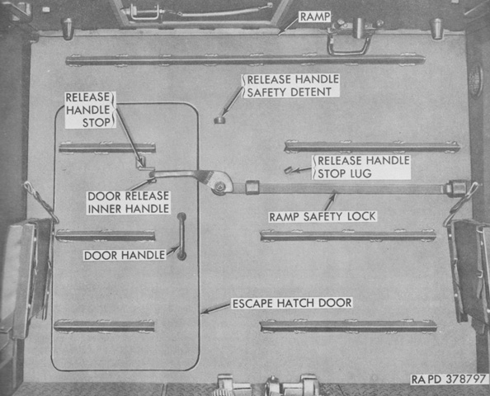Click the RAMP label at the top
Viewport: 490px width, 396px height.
click(x=315, y=16)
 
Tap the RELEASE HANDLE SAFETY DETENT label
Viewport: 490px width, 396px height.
click(x=293, y=86)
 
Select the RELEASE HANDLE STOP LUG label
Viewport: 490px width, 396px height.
click(x=363, y=167)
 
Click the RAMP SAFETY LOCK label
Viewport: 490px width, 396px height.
click(x=323, y=217)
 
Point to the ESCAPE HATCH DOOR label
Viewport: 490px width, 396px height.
click(x=292, y=303)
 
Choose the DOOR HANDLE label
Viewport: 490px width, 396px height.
click(x=125, y=256)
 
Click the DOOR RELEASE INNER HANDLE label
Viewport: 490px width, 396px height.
click(x=129, y=202)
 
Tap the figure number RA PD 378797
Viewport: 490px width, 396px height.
click(x=449, y=379)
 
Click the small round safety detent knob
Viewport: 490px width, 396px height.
click(x=219, y=120)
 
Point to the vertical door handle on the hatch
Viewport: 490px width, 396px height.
click(x=181, y=237)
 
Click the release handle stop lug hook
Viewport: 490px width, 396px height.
click(x=288, y=170)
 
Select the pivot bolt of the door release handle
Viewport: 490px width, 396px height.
click(x=220, y=186)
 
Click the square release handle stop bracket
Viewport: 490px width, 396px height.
click(x=140, y=163)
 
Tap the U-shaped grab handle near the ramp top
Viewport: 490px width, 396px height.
click(x=349, y=47)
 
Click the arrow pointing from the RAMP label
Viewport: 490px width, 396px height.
click(x=289, y=26)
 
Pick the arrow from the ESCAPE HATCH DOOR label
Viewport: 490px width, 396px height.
click(x=217, y=308)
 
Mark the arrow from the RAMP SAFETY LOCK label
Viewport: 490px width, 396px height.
click(x=330, y=202)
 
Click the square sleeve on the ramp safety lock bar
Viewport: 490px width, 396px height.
click(x=252, y=187)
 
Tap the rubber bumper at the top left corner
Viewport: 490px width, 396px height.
click(x=67, y=29)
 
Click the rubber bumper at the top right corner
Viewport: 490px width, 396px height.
click(x=436, y=29)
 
